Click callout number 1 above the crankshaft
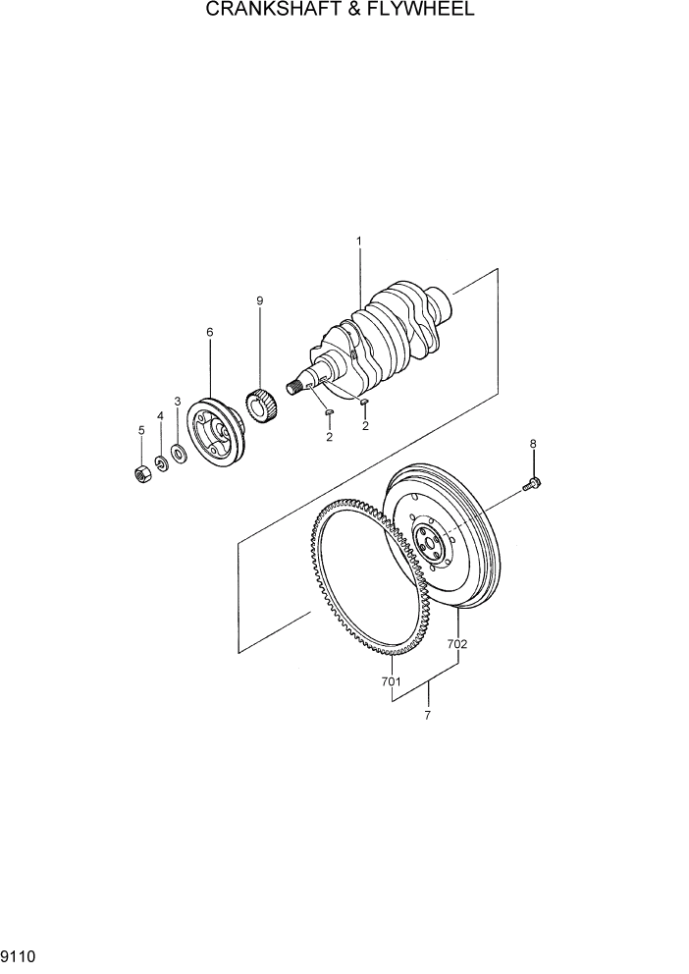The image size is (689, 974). click(359, 241)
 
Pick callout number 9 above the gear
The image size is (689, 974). click(260, 301)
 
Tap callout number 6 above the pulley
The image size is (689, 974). click(210, 333)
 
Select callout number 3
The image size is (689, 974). click(178, 401)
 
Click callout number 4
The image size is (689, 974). click(160, 415)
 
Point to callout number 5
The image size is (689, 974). click(141, 430)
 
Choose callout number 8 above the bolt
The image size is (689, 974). click(533, 444)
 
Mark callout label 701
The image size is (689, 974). click(392, 680)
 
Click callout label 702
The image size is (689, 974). click(457, 644)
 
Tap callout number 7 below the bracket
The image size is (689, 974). click(427, 716)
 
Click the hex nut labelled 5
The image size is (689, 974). click(141, 473)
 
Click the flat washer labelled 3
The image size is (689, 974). click(179, 453)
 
